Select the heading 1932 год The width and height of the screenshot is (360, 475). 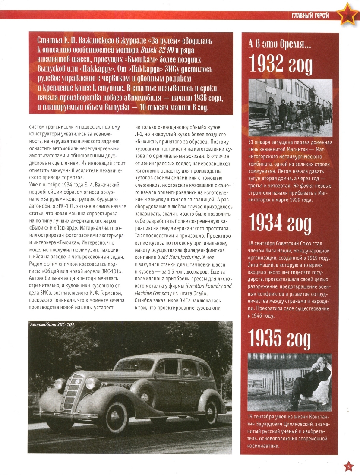point(281,65)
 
